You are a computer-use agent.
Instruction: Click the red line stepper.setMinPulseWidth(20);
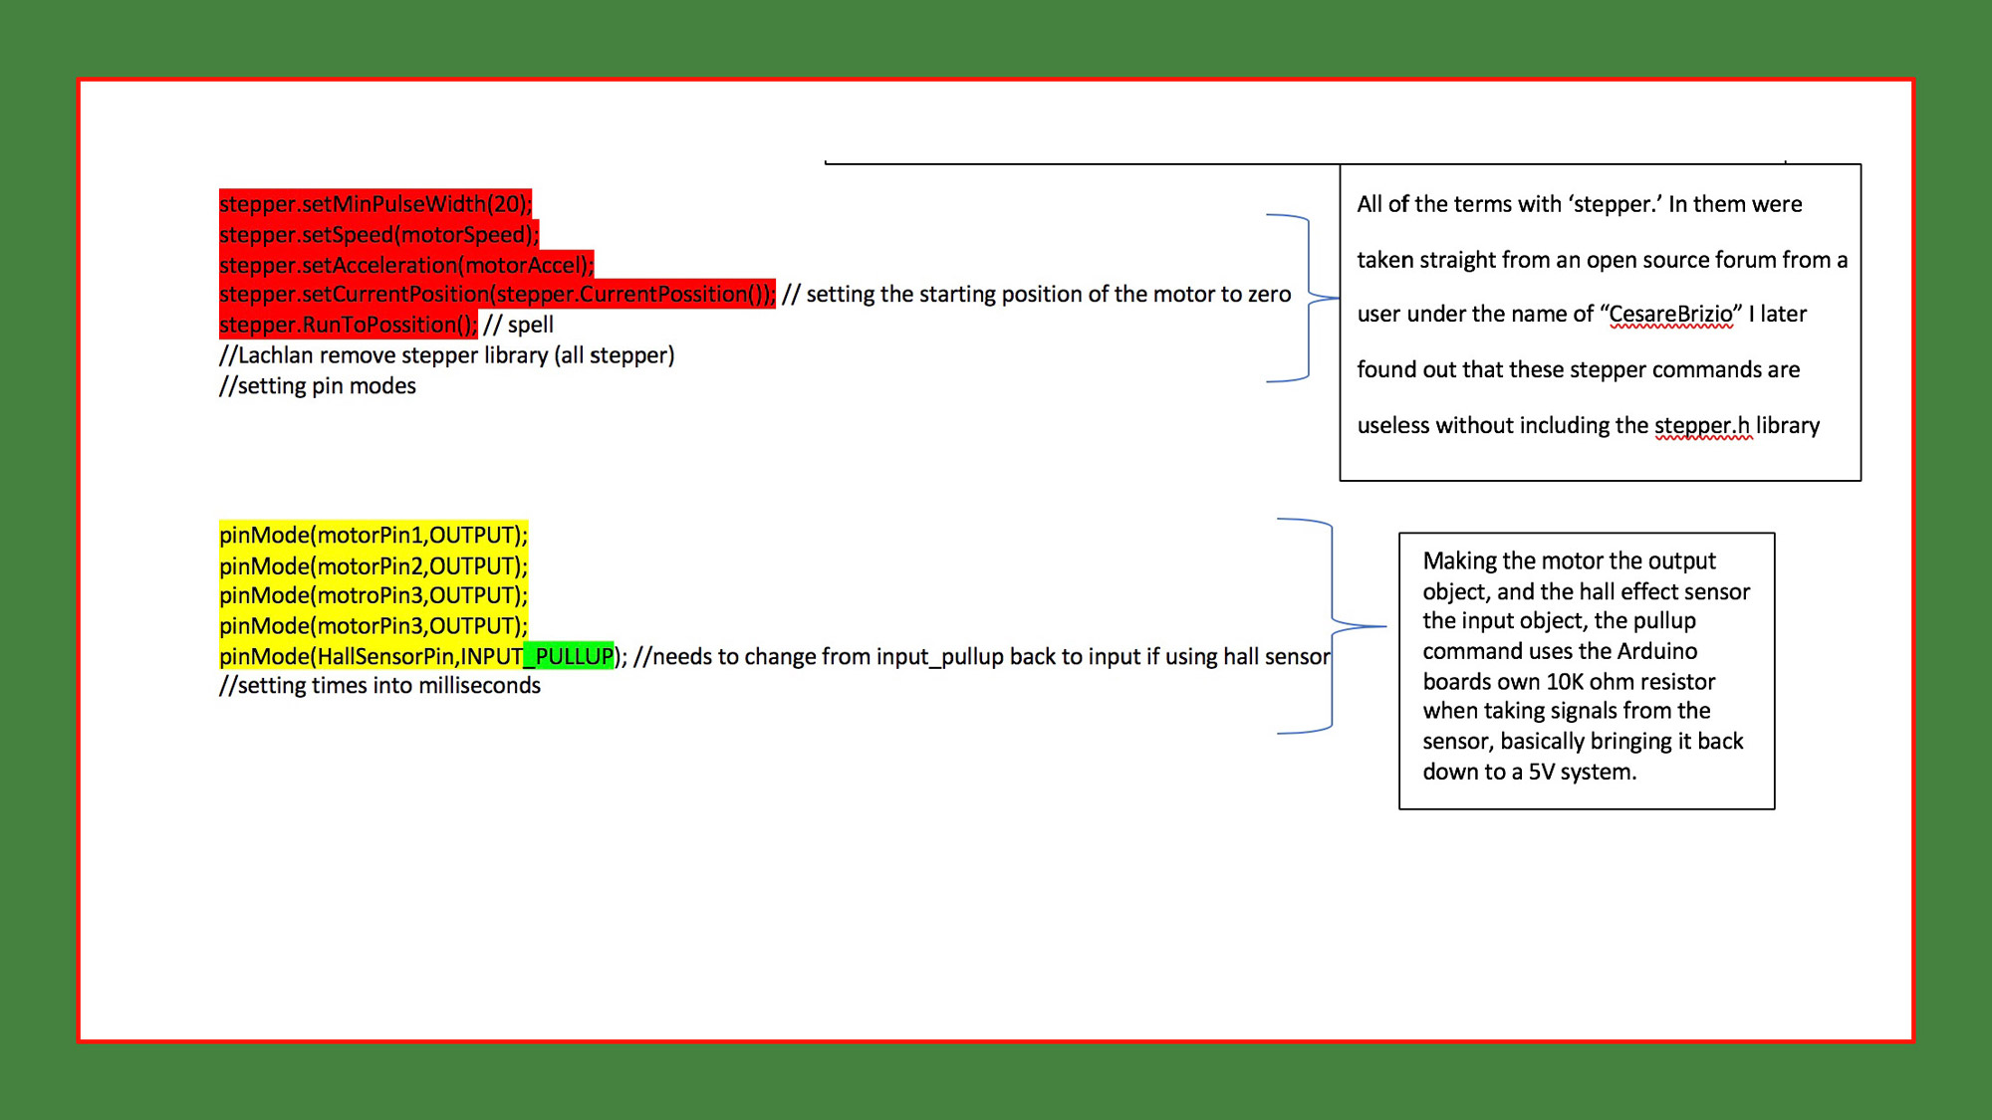(x=375, y=204)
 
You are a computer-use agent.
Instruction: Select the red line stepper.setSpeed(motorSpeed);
(x=378, y=235)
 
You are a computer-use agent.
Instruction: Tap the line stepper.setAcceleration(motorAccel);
(x=406, y=265)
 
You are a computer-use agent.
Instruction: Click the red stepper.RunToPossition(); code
(x=349, y=325)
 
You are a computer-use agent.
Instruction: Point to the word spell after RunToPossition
(x=530, y=326)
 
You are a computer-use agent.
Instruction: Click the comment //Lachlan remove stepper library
(x=446, y=355)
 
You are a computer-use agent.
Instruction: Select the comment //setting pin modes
(x=318, y=386)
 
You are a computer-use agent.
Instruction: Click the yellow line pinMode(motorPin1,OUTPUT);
(x=373, y=536)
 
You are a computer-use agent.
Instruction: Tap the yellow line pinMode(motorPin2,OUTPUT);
(x=373, y=566)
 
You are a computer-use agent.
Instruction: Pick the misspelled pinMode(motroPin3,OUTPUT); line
(x=373, y=595)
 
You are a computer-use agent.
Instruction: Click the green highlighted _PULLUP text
(x=569, y=657)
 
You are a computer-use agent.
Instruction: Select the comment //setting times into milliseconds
(x=379, y=686)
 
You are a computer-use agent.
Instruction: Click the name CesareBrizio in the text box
(x=1670, y=315)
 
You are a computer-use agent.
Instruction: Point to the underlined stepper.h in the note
(x=1702, y=426)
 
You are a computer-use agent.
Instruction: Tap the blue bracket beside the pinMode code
(x=1333, y=626)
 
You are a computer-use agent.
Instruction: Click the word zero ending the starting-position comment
(x=1266, y=295)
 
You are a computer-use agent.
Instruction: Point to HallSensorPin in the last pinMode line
(x=385, y=657)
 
